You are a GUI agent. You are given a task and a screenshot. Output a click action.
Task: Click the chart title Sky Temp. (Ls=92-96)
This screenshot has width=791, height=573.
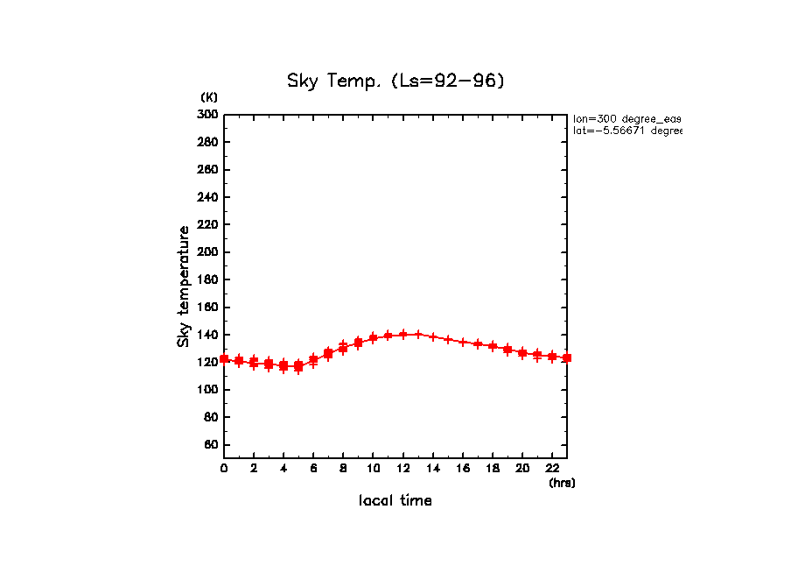[x=395, y=81]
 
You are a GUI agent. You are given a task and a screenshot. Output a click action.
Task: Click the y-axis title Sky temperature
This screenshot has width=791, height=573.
[x=184, y=286]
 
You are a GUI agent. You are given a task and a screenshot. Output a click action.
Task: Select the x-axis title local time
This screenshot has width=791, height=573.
[x=395, y=501]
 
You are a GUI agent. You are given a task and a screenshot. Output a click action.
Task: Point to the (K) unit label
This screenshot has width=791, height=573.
[x=209, y=96]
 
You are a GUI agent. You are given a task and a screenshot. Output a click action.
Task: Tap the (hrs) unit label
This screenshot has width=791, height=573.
[x=562, y=483]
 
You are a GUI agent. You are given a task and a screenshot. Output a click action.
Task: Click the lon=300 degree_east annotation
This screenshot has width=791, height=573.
[x=626, y=118]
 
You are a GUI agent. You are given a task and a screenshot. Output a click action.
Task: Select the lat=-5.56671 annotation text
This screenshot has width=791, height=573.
[x=626, y=131]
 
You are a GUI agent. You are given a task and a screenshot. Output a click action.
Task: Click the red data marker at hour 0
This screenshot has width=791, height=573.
[x=224, y=358]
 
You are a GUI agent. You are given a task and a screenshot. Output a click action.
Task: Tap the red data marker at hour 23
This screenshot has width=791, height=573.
[x=567, y=357]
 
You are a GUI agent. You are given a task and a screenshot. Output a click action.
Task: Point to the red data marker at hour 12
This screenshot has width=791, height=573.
[x=402, y=335]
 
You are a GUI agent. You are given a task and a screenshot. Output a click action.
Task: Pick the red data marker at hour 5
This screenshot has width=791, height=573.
[x=298, y=366]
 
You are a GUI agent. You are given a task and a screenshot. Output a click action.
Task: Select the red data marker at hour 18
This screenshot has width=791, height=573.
[x=493, y=347]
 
